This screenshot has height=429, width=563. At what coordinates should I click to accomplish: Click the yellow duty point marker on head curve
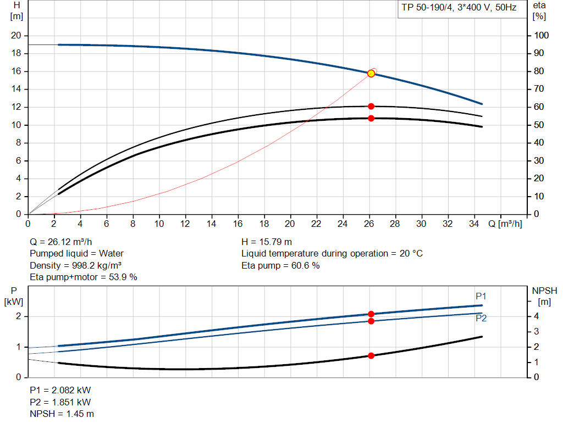[371, 74]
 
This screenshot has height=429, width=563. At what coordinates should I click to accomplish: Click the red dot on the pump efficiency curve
[371, 106]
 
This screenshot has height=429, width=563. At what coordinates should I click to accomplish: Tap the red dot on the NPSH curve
[371, 355]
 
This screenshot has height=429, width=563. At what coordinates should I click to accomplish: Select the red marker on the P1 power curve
[371, 314]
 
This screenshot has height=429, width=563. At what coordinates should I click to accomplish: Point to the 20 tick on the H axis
[16, 36]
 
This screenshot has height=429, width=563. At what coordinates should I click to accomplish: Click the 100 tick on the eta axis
[542, 36]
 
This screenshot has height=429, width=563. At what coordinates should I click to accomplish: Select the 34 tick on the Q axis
[474, 224]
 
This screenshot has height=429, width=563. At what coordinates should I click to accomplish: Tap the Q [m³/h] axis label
[505, 224]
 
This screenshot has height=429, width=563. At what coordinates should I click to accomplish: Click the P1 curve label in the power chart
[481, 297]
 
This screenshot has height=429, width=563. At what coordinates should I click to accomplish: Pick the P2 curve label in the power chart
[481, 318]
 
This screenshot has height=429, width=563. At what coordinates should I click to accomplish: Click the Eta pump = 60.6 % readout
[280, 265]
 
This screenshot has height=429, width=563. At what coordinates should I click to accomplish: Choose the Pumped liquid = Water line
[76, 253]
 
